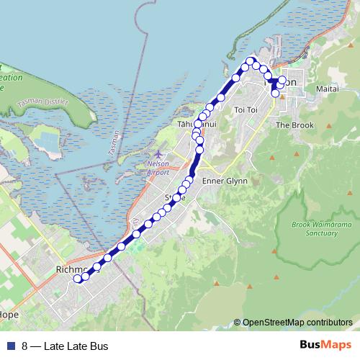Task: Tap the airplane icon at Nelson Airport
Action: coord(159,154)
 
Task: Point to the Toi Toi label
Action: coord(246,109)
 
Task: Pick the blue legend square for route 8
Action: coord(9,346)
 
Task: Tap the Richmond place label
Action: coord(72,271)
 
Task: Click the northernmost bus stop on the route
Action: coord(251,61)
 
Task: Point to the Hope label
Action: coord(10,315)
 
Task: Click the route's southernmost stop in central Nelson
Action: coord(275,94)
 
